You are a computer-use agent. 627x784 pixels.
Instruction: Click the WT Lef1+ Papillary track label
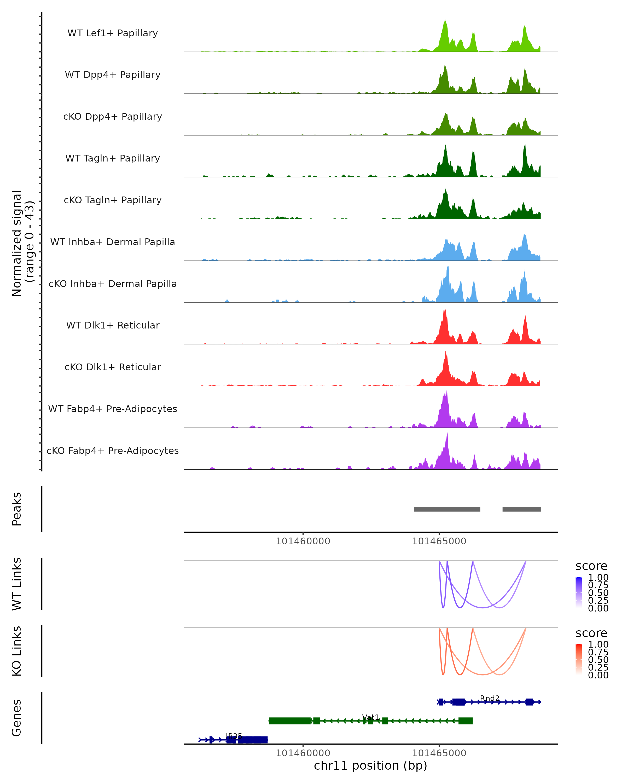pos(113,33)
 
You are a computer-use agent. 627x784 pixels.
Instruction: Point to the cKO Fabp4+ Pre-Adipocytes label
pos(113,451)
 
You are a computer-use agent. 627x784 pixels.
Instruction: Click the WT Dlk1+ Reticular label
pos(113,325)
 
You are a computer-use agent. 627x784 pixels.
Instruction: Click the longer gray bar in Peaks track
pos(447,509)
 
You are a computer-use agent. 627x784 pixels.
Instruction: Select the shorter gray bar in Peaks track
pos(522,509)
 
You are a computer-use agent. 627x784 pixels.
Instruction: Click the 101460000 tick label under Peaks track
pos(303,541)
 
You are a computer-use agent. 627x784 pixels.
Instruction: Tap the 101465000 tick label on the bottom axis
pos(439,753)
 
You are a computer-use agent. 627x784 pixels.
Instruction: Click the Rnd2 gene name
pos(490,698)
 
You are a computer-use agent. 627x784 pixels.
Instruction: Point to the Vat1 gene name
pos(370,717)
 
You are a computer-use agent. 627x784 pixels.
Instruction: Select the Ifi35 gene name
pos(234,736)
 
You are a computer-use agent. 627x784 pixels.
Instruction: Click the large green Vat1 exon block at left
pos(290,721)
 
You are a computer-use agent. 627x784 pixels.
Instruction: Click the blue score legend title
pos(591,566)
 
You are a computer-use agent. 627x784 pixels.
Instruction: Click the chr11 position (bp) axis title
pos(370,766)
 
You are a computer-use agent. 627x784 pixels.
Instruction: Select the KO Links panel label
pos(17,651)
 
